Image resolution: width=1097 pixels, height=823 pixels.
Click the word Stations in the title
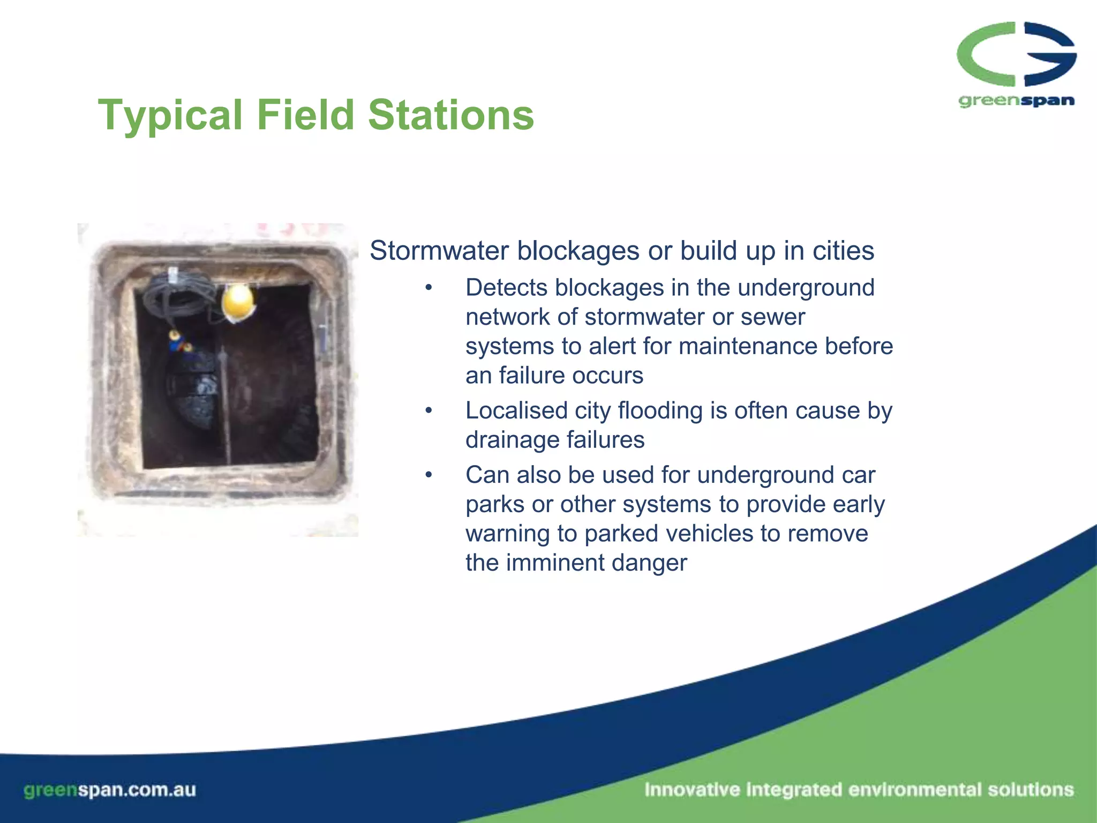(x=451, y=115)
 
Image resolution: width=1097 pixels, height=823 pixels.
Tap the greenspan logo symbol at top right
(x=1016, y=55)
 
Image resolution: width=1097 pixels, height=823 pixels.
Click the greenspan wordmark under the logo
(x=1016, y=101)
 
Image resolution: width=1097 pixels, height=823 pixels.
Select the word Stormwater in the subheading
(x=439, y=251)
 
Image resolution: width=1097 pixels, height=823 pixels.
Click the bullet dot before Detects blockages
(x=428, y=288)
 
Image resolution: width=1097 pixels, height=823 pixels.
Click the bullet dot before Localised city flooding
(x=428, y=411)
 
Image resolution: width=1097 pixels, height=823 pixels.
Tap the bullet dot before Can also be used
(x=428, y=475)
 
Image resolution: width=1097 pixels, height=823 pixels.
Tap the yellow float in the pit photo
(x=238, y=302)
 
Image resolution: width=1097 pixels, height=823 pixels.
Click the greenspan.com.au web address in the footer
(x=110, y=790)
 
